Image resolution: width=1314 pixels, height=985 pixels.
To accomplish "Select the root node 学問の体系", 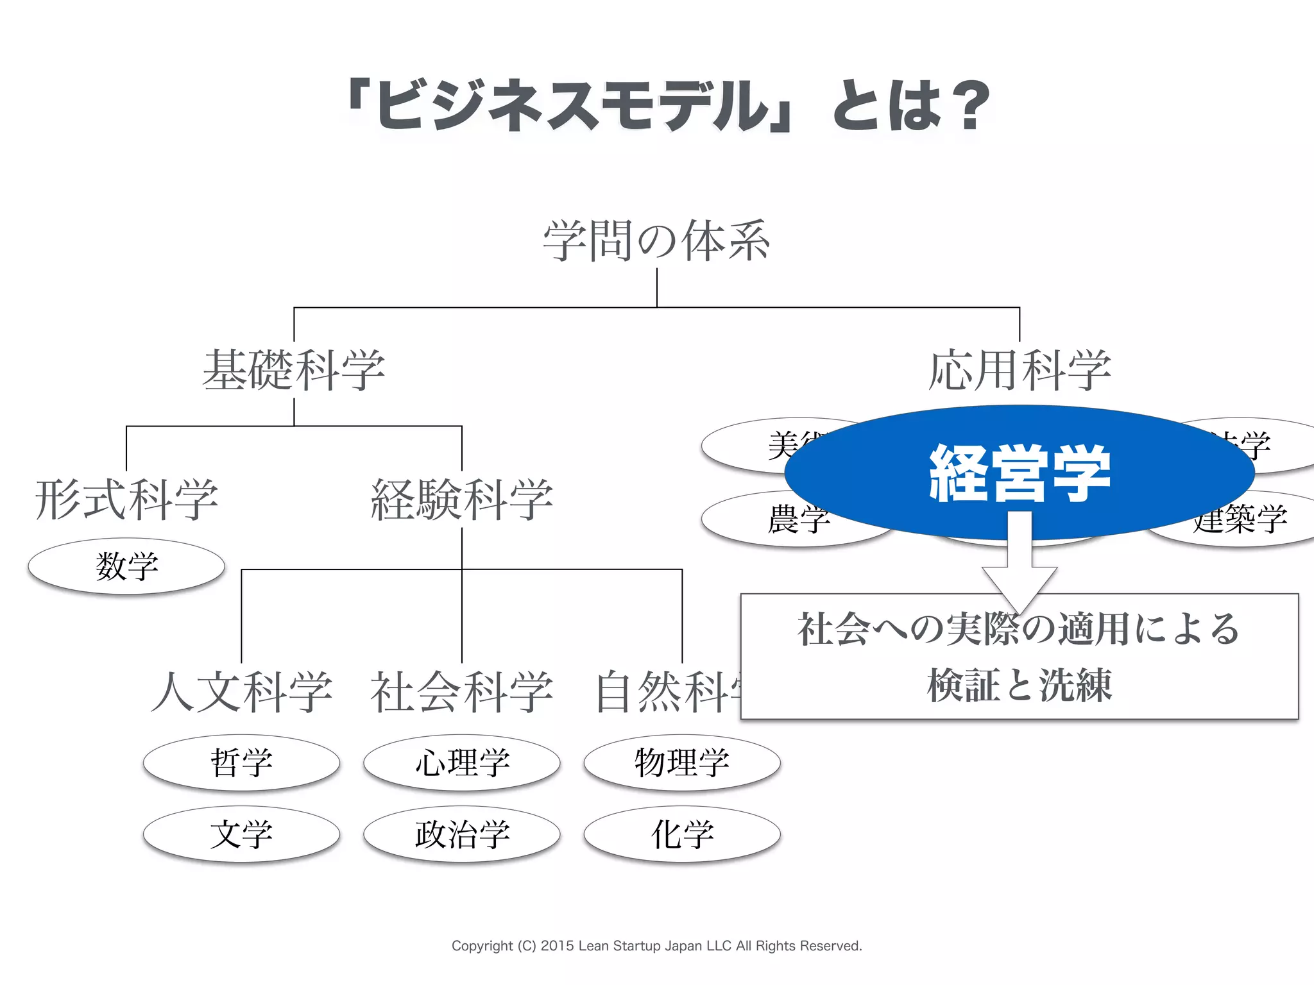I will coord(656,241).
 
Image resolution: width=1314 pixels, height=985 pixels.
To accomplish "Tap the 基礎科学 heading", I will coord(294,370).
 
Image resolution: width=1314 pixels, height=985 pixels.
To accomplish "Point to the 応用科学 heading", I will coord(1019,370).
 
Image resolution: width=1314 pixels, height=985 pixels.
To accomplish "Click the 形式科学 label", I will coord(126,500).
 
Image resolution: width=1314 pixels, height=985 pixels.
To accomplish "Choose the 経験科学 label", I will coord(461,500).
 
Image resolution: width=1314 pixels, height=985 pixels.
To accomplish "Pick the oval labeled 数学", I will coord(126,566).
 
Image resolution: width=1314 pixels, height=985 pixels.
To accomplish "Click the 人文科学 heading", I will coord(242,692).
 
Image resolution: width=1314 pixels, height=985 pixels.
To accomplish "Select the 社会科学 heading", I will coord(461,692).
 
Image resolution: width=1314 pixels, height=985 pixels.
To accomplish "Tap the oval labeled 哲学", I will coord(241,762).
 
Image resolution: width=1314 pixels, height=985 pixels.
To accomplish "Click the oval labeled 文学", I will coord(241,834).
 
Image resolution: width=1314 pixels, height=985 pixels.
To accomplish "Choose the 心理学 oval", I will coord(462,762).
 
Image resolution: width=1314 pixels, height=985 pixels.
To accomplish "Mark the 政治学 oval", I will coord(462,834).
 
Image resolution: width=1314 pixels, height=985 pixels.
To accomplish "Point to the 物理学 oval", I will coord(682,762).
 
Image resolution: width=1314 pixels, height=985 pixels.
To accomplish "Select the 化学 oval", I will coord(682,834).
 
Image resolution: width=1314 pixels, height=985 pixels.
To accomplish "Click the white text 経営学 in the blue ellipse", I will coord(1019,473).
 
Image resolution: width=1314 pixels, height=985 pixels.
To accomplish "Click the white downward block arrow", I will coord(1019,564).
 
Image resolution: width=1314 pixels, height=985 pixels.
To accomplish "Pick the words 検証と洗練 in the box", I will coord(1019,685).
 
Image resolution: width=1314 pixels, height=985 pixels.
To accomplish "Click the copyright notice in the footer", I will coord(656,946).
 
